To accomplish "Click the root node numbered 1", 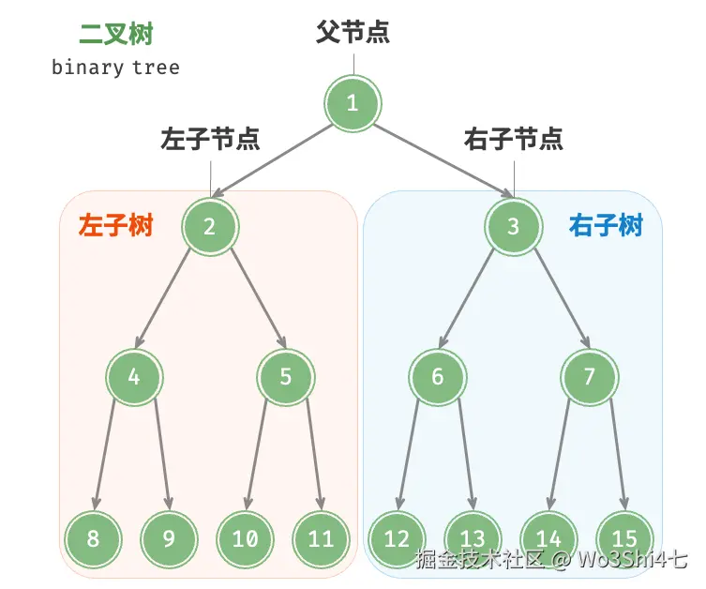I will tap(353, 103).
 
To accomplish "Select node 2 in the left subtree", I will tap(210, 226).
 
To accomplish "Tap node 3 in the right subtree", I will tap(513, 226).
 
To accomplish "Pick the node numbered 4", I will tap(134, 377).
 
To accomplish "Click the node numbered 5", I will tap(286, 377).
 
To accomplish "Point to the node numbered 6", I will tap(437, 377).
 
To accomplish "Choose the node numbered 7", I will tap(589, 377).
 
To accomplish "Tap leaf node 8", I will tap(93, 538).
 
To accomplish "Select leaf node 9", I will tap(169, 538).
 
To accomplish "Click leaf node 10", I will tap(245, 538).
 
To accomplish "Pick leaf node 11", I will tap(321, 538).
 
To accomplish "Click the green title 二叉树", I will tap(115, 35).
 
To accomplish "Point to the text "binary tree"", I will tap(115, 68).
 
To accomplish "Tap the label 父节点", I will tap(353, 33).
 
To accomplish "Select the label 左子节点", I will tap(210, 140).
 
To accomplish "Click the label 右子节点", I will tap(514, 140).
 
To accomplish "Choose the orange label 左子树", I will tap(115, 226).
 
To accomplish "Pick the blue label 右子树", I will tap(606, 226).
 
